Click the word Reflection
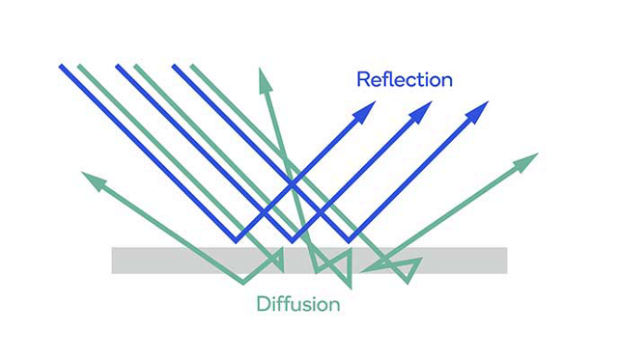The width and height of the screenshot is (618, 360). pyautogui.click(x=404, y=79)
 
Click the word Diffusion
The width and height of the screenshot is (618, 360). pyautogui.click(x=297, y=305)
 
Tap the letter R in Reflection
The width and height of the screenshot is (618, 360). pyautogui.click(x=363, y=79)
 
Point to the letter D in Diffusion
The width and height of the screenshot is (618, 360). pyautogui.click(x=263, y=305)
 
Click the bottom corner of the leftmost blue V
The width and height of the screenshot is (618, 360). pyautogui.click(x=238, y=239)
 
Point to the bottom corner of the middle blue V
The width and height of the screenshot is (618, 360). pyautogui.click(x=294, y=239)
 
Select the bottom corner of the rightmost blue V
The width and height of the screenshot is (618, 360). pyautogui.click(x=350, y=239)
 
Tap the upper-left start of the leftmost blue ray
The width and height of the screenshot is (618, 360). pyautogui.click(x=61, y=67)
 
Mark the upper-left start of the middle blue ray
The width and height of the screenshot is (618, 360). pyautogui.click(x=118, y=67)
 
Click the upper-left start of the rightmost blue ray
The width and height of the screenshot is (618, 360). pyautogui.click(x=175, y=67)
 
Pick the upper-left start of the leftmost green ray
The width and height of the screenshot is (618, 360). pyautogui.click(x=79, y=67)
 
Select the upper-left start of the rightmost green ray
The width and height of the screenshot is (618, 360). pyautogui.click(x=193, y=67)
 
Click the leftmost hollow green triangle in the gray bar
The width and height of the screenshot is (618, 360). pyautogui.click(x=276, y=259)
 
